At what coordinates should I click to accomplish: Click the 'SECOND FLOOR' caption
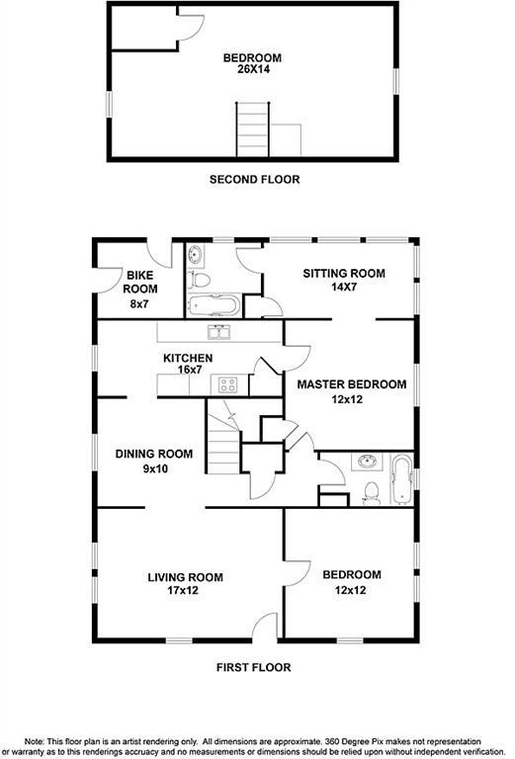click(254, 180)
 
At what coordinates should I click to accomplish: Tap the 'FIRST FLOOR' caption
click(254, 667)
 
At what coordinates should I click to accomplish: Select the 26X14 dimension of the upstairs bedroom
click(252, 70)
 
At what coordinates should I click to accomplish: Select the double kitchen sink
click(219, 332)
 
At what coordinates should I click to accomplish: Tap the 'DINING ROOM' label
click(153, 454)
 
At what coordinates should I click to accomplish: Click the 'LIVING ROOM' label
click(185, 577)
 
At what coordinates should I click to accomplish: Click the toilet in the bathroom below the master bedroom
click(371, 490)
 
